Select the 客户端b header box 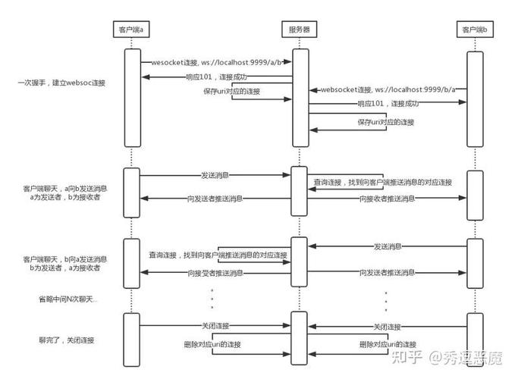click(x=474, y=30)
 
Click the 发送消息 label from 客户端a click(x=216, y=175)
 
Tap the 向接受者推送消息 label click(x=215, y=272)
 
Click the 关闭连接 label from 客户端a click(x=215, y=325)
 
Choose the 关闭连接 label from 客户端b click(x=387, y=325)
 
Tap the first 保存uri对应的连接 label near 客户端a click(x=231, y=91)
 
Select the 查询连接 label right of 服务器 click(x=327, y=183)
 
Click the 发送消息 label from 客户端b click(x=387, y=246)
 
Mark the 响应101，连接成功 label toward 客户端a click(x=215, y=77)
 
